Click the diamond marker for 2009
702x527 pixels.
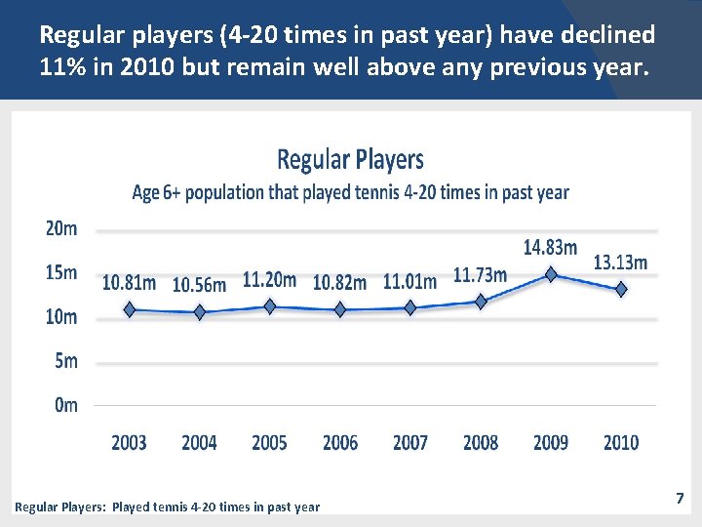pos(551,274)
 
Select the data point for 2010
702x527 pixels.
pos(621,290)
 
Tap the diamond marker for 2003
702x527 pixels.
pos(130,309)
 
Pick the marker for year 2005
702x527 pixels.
pos(270,306)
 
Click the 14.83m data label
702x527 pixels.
pos(550,248)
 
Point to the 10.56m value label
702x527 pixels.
pos(199,285)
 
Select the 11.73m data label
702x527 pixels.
pos(480,275)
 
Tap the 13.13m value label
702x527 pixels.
pos(620,263)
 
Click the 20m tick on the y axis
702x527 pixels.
pos(61,229)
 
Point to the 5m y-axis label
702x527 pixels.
pos(66,361)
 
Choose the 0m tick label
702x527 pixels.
pos(66,405)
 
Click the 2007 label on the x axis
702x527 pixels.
pos(410,443)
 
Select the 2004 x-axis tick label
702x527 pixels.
pos(199,443)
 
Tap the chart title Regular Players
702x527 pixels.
pos(351,159)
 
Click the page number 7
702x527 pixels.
pos(681,498)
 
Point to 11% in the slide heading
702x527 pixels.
pos(62,67)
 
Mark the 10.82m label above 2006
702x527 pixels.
pos(340,283)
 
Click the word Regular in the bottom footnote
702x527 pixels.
pos(36,507)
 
